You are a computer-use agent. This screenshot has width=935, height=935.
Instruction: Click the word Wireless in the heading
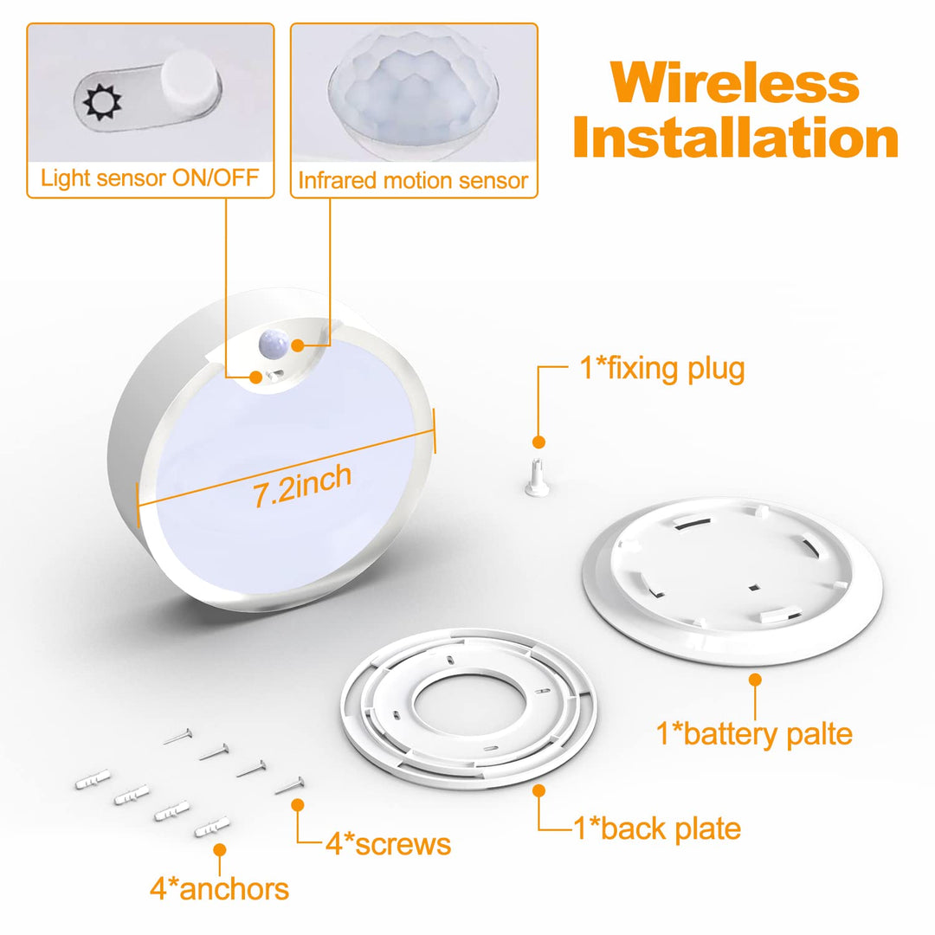coord(735,82)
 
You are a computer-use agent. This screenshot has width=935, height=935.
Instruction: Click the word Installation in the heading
coord(736,138)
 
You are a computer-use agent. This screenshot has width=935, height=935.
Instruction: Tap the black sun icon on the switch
coord(102,102)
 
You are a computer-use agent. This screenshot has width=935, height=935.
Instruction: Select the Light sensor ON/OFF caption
coord(150,177)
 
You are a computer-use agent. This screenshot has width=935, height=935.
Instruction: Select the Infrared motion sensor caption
coord(413,180)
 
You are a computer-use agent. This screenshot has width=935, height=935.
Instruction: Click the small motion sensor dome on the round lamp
coord(274,345)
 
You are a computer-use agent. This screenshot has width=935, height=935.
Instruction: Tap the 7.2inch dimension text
coord(302,486)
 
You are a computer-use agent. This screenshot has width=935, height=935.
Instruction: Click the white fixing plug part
coord(538,476)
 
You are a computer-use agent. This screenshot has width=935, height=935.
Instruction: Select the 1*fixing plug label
coord(662,369)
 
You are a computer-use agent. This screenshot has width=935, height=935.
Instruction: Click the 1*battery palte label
coord(754,733)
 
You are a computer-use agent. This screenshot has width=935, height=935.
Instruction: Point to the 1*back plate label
coord(657,829)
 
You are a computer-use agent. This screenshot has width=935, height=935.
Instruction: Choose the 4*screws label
coord(388,844)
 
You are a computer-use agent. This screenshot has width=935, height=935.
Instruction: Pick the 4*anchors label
coord(219,889)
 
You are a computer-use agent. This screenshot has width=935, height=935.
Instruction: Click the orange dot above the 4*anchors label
coord(219,850)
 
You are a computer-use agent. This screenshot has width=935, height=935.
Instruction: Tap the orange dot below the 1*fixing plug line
coord(538,442)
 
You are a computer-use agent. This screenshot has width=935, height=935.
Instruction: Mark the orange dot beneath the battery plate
coord(755,680)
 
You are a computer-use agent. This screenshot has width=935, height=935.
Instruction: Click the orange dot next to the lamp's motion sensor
coord(298,345)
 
